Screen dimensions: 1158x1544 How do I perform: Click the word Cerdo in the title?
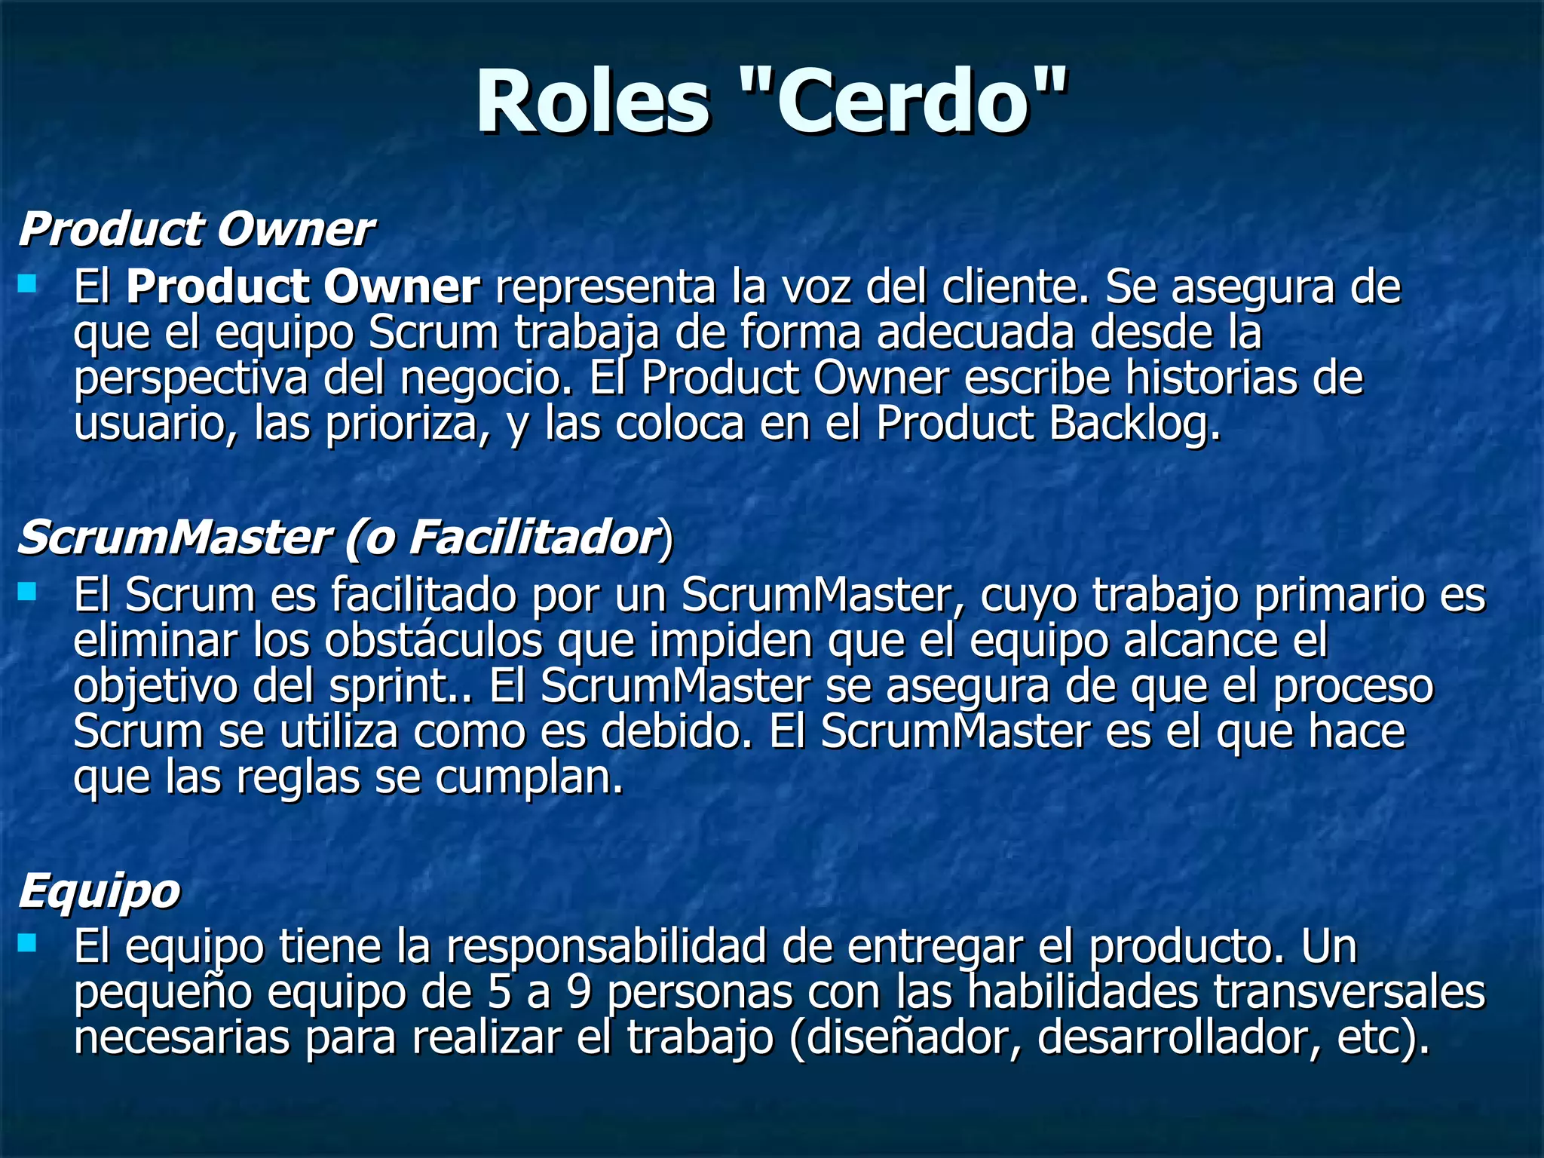902,102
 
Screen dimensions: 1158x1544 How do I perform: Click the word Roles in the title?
593,102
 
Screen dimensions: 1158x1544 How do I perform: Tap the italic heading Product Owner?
195,228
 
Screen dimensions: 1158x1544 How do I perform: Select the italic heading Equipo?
99,893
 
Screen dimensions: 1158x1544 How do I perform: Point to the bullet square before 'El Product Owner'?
27,283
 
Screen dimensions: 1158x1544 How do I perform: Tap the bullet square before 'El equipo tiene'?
27,942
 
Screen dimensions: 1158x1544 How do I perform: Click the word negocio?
486,378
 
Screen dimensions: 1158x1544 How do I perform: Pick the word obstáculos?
433,641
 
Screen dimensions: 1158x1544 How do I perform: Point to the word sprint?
399,688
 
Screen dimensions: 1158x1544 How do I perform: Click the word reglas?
299,778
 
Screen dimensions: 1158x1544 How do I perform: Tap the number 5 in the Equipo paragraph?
499,992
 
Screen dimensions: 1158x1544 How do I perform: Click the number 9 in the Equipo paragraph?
578,992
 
